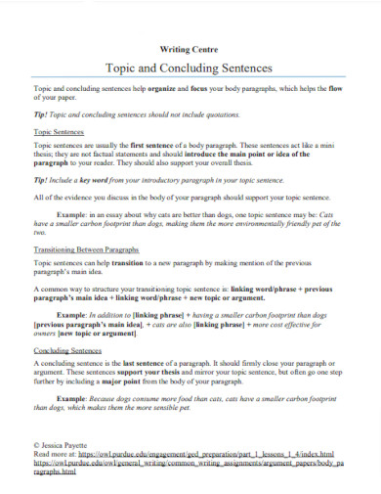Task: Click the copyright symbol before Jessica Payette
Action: click(x=36, y=445)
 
